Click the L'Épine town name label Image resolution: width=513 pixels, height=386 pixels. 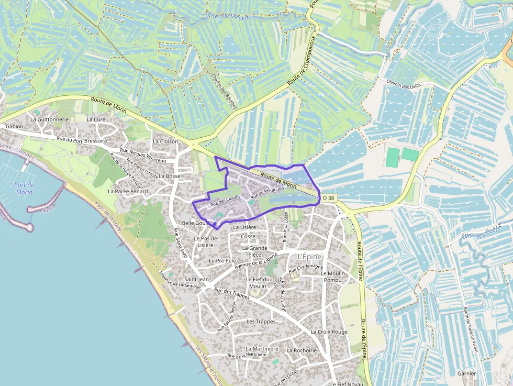tap(309, 257)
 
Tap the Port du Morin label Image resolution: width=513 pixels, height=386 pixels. tap(25, 189)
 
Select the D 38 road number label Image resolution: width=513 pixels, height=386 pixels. tap(328, 197)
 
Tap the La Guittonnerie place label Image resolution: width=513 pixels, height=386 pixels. tap(49, 119)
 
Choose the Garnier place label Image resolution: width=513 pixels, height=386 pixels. tap(466, 373)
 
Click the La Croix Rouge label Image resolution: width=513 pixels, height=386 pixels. tap(329, 332)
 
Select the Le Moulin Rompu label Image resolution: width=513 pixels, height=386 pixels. tap(332, 277)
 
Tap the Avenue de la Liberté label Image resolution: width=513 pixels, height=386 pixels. tap(256, 260)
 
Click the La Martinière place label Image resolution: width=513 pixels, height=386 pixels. tap(262, 349)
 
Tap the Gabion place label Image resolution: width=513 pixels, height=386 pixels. tap(15, 127)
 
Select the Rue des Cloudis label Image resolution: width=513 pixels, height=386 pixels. tap(225, 200)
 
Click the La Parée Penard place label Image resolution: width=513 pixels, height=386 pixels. tap(128, 192)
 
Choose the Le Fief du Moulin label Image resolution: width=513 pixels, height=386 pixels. tap(258, 282)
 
